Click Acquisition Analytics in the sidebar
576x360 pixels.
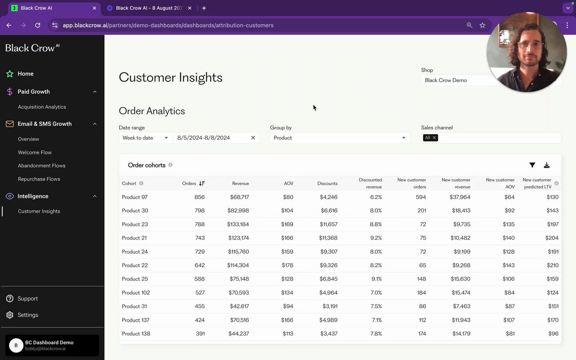[x=42, y=107]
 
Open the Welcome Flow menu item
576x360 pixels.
[x=35, y=153]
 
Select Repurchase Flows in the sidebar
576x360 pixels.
[x=39, y=179]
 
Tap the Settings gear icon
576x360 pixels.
[x=10, y=315]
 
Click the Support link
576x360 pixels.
[x=27, y=299]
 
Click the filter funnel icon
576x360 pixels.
[x=532, y=165]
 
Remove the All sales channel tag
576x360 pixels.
[x=434, y=138]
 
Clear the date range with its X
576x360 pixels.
[x=253, y=138]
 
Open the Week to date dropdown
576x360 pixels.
[x=145, y=138]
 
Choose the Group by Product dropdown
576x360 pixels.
[x=340, y=138]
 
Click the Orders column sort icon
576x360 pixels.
[x=202, y=184]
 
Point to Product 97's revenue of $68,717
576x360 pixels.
[x=239, y=197]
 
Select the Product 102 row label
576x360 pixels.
[x=136, y=293]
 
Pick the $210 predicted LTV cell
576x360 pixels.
[x=553, y=265]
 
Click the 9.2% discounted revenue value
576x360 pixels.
[x=376, y=238]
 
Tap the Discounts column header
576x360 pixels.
[x=327, y=184]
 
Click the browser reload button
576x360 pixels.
[x=38, y=25]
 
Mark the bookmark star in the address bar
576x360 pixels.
[x=482, y=25]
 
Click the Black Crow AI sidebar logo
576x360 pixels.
[x=32, y=48]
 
